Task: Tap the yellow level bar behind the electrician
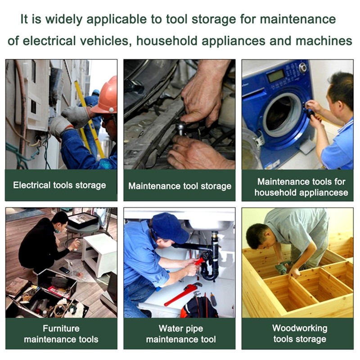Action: tap(89, 119)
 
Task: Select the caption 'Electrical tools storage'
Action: tap(59, 185)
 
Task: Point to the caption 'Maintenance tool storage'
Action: tap(180, 186)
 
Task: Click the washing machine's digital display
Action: tap(276, 76)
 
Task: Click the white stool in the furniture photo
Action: tap(98, 254)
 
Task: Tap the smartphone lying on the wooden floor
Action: tap(64, 270)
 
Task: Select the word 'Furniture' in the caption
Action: tap(61, 328)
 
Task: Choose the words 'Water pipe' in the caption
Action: tap(181, 328)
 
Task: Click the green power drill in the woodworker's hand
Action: tap(283, 267)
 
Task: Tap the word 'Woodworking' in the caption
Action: tap(300, 328)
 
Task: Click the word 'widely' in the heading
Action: tap(64, 19)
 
